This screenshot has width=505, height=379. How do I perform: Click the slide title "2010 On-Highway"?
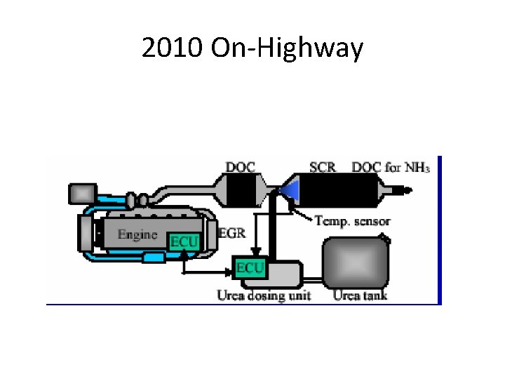pos(252,48)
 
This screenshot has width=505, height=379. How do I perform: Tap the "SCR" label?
pos(323,168)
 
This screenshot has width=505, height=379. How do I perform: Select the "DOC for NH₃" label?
pos(391,168)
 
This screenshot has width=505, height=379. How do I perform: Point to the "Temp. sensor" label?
pos(353,221)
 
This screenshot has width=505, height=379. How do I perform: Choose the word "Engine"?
pos(137,234)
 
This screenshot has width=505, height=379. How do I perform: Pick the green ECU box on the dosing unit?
pos(250,267)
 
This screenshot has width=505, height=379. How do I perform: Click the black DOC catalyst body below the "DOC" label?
pos(241,189)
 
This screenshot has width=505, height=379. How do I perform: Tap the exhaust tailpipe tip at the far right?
pos(405,189)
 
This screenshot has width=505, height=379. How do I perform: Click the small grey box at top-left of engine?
pos(83,192)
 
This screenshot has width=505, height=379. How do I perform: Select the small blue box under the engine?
pos(152,258)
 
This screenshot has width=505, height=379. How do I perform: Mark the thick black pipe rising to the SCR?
pos(275,232)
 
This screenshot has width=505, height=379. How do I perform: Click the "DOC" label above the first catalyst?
pos(240,168)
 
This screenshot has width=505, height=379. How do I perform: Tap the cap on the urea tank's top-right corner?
pos(386,239)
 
